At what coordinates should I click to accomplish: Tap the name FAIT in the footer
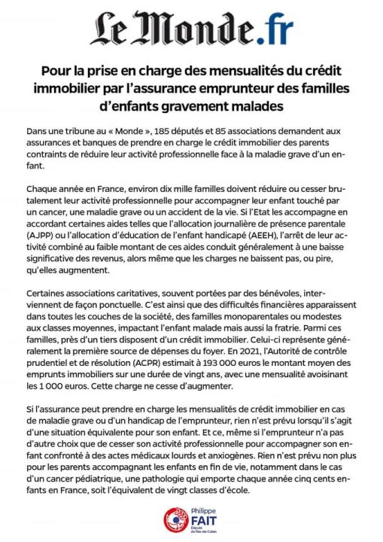[x=203, y=519]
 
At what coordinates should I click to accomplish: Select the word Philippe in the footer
[x=202, y=510]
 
